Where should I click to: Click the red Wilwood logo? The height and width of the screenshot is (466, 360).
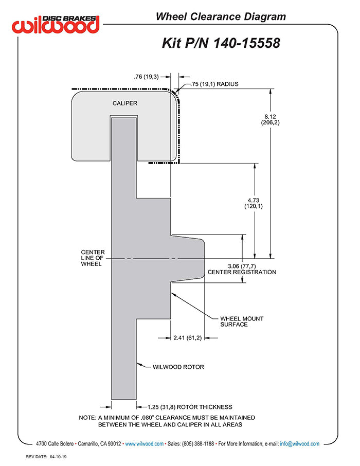coord(56,25)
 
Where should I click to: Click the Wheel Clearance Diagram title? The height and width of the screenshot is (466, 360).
coord(221,16)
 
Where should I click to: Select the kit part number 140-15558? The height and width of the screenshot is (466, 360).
coord(246,43)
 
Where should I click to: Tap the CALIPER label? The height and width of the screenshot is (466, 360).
coord(125,103)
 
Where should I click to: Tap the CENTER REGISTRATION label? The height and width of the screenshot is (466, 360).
coord(242,272)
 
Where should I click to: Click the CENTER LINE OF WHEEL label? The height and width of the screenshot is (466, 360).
coord(93,258)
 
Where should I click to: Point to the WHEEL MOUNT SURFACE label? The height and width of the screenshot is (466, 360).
coord(242,321)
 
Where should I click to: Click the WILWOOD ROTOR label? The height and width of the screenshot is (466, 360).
coord(178,367)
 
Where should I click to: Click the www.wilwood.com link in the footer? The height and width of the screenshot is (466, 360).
coord(144,444)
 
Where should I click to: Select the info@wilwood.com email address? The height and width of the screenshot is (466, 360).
coord(300,444)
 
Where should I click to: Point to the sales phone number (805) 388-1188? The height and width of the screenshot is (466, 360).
coord(198,444)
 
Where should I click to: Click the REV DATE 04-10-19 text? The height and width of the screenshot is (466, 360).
coord(46,457)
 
